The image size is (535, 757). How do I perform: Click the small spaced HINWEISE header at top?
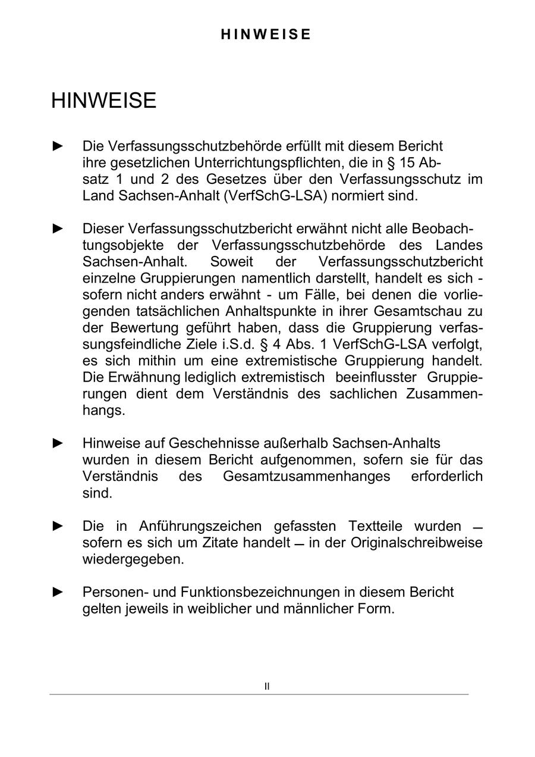point(266,35)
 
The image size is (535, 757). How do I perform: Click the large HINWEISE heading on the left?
point(103,101)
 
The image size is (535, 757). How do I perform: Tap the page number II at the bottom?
point(267,686)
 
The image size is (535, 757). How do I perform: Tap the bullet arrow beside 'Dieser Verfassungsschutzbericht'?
point(58,228)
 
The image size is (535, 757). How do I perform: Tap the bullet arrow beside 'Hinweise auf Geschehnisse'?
point(58,443)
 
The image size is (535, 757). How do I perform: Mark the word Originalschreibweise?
point(416,543)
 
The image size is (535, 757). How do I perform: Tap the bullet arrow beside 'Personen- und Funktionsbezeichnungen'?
point(58,592)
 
